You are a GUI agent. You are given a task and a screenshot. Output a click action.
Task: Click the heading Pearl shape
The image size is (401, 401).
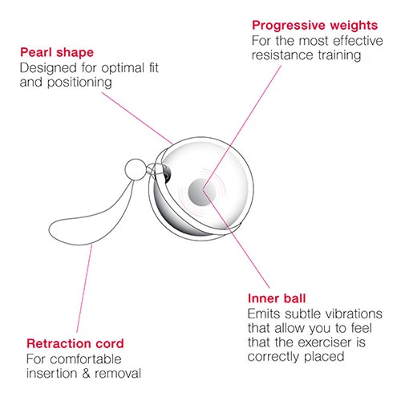(57, 52)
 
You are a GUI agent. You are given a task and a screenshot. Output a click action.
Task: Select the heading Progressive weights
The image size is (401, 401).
(315, 26)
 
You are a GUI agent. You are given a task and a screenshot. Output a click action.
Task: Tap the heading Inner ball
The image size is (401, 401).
(277, 298)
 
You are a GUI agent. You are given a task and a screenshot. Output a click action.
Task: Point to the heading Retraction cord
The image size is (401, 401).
(75, 343)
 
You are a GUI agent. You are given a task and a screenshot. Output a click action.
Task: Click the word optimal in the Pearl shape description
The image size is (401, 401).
(123, 68)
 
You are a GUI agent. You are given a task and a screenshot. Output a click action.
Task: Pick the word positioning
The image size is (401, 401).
(79, 83)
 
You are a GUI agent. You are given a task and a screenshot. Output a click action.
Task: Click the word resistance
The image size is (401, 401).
(282, 55)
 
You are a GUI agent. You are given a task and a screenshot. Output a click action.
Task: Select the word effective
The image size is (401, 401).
(358, 41)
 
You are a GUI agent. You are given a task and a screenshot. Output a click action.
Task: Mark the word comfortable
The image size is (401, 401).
(86, 359)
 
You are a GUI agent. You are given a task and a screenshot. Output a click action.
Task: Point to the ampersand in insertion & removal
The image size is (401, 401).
(86, 374)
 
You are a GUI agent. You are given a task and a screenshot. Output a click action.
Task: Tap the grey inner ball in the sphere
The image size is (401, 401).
(201, 192)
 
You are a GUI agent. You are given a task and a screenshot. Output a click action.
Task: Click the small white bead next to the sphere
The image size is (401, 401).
(136, 170)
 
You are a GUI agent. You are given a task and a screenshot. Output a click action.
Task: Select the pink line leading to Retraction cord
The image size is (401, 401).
(84, 288)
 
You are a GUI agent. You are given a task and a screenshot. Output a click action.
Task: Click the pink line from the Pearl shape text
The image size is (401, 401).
(137, 119)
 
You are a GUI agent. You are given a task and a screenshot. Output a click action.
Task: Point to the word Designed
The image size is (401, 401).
(48, 68)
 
